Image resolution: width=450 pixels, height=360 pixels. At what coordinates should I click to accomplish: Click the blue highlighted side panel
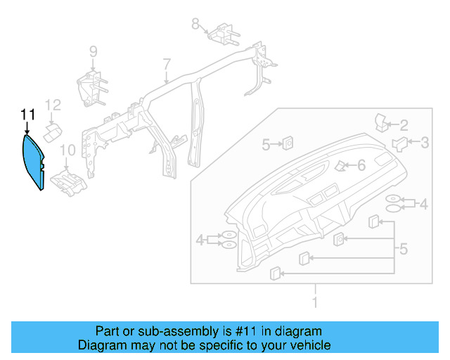click(x=32, y=162)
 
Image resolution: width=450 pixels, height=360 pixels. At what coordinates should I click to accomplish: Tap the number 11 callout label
click(x=27, y=114)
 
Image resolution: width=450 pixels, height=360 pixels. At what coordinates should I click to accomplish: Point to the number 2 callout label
click(x=404, y=126)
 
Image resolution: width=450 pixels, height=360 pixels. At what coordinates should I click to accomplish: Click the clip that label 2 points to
click(x=383, y=122)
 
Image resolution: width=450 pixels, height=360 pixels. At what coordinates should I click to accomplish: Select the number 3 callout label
click(x=424, y=143)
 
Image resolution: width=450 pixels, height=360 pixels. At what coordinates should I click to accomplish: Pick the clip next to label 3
click(x=400, y=145)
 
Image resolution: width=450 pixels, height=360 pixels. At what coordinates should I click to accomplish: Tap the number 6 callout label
click(x=361, y=165)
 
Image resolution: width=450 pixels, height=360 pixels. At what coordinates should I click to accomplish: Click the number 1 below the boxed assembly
click(x=315, y=302)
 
